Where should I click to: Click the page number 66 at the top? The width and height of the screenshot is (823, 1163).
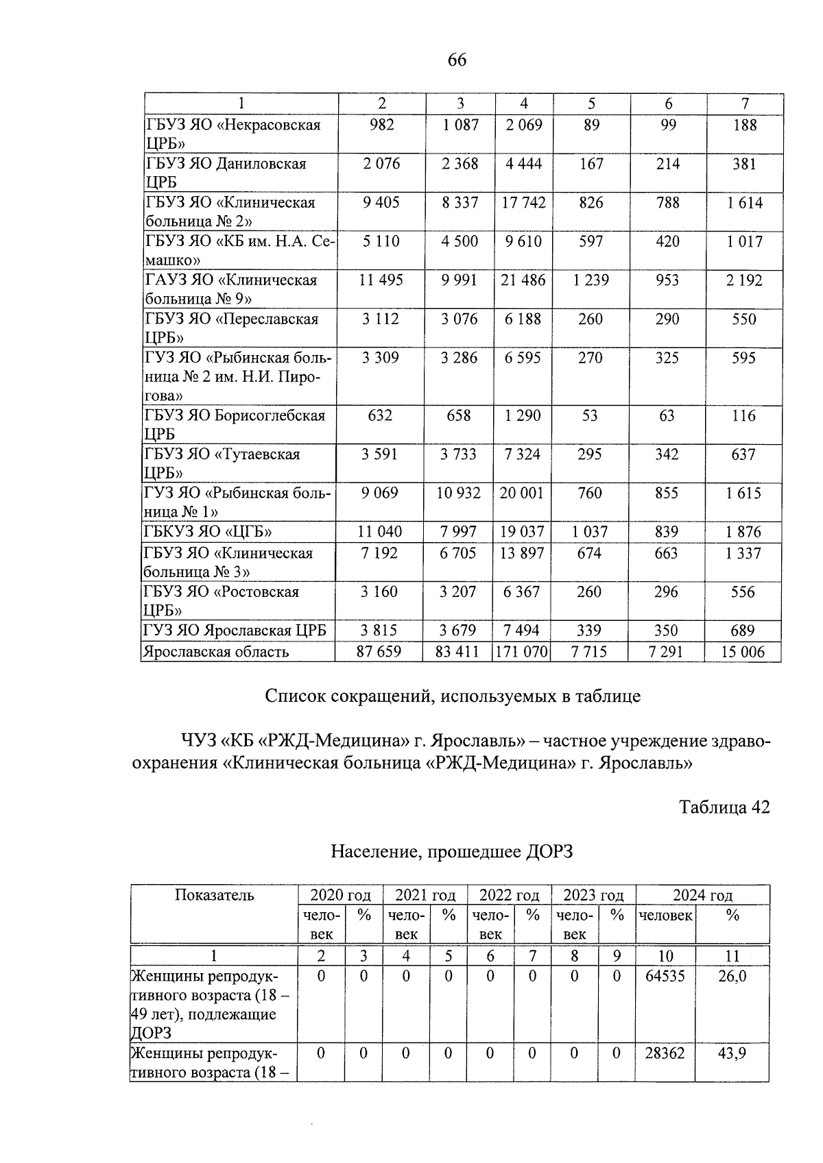(x=457, y=60)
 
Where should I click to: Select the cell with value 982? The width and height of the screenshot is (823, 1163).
(x=381, y=125)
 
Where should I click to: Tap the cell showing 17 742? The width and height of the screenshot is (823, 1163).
(x=523, y=203)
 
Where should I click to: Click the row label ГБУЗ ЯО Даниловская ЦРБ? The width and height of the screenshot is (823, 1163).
(x=226, y=173)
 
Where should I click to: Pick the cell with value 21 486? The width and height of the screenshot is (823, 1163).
(x=523, y=280)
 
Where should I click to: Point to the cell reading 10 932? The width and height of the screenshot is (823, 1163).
(x=459, y=493)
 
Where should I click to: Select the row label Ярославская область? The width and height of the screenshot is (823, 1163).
(x=215, y=652)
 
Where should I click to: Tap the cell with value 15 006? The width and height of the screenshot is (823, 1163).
(x=743, y=652)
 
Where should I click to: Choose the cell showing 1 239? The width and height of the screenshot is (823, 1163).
(x=591, y=280)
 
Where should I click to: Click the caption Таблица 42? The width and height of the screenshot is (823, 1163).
(x=724, y=807)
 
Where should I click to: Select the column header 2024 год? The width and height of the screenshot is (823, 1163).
(x=702, y=895)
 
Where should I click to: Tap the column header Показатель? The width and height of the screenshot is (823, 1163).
(x=215, y=895)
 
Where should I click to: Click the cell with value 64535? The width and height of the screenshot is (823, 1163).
(x=665, y=976)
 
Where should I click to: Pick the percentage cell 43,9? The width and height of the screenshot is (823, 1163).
(x=732, y=1053)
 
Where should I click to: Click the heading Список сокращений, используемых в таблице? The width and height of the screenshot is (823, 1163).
(x=453, y=696)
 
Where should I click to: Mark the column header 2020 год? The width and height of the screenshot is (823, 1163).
(x=340, y=895)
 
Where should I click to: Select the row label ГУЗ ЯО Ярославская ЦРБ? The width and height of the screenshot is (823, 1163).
(x=235, y=631)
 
